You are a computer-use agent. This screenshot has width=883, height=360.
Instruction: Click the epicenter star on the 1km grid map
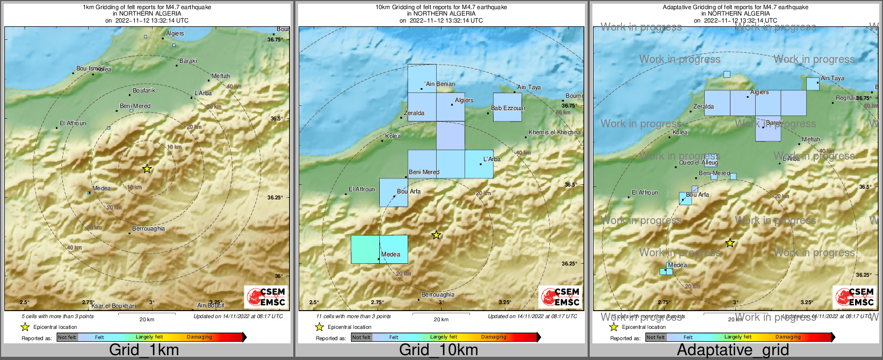point(147,169)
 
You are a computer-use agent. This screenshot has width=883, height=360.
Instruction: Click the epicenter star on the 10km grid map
point(437,235)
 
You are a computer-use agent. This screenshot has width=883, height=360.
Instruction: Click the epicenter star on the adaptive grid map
point(730,243)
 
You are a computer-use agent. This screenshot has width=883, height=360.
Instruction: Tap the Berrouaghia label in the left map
point(149,229)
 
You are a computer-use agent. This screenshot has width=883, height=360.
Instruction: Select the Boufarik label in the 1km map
point(144,90)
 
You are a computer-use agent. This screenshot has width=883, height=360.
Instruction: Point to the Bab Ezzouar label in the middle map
point(508,108)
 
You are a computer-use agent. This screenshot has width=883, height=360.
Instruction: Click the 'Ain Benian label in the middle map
point(440,84)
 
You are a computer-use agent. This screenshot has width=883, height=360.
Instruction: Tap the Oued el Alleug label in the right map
point(698,162)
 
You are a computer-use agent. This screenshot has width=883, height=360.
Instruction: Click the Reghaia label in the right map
point(846,98)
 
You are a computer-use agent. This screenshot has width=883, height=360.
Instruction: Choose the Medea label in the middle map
point(390,254)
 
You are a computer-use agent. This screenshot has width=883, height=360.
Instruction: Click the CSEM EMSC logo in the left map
point(266,297)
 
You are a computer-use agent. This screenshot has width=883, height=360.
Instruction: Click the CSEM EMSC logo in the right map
point(855,297)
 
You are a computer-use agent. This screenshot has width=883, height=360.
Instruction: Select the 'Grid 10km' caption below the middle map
point(438,350)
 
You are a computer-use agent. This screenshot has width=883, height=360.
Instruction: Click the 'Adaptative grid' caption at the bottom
point(733,350)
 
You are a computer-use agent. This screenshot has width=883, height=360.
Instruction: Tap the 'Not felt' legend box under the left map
point(67,337)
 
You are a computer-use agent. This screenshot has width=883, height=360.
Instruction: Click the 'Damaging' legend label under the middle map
point(493,337)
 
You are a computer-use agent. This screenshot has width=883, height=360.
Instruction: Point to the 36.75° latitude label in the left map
point(275,39)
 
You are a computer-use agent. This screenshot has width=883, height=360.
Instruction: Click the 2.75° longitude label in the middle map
point(377,303)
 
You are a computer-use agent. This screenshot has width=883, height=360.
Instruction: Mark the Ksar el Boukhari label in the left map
point(113,306)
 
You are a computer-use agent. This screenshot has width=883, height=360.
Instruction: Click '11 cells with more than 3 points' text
point(353,316)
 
